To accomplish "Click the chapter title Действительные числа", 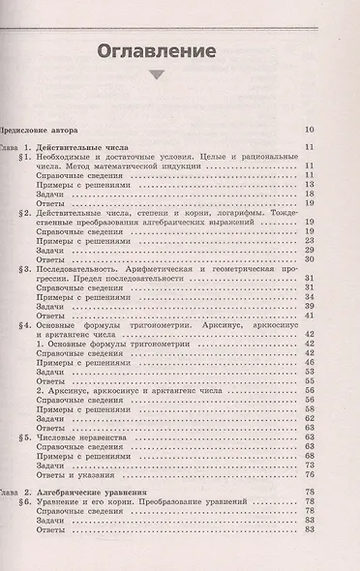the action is coord(88,145).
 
